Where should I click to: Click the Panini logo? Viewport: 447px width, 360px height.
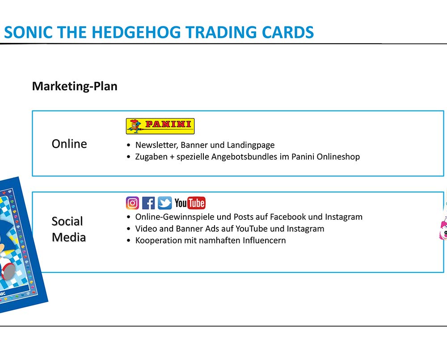[x=160, y=126]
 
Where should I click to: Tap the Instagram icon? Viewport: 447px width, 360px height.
[x=133, y=203]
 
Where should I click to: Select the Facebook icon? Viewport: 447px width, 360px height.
[x=148, y=203]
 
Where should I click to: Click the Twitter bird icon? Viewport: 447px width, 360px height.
[x=165, y=203]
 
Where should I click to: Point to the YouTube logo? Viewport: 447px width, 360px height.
[x=190, y=203]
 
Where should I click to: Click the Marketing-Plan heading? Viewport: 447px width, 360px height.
[x=75, y=86]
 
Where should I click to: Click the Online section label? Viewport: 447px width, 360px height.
[x=69, y=144]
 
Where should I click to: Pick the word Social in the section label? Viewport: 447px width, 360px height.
[x=67, y=221]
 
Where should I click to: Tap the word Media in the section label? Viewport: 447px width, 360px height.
[x=69, y=237]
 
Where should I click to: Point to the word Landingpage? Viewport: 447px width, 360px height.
[x=251, y=145]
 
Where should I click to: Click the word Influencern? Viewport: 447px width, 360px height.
[x=264, y=240]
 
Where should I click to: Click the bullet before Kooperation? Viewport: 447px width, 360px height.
[x=129, y=241]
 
